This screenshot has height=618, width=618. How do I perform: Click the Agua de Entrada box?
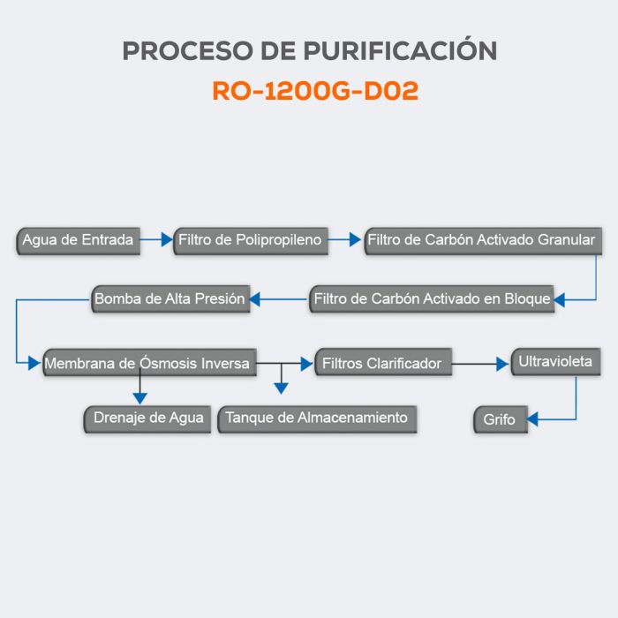coord(79,240)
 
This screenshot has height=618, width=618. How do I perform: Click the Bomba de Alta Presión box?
coord(170,299)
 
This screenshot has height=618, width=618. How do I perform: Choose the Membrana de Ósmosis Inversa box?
coord(147,363)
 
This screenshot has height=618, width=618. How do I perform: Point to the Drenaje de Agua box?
coord(147,418)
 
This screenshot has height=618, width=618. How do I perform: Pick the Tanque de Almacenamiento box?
coord(317,418)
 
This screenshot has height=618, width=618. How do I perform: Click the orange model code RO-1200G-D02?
coord(315,92)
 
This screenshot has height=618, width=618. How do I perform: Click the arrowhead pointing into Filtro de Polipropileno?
coord(168,238)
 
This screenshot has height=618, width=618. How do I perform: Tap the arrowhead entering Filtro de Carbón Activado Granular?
coord(357,238)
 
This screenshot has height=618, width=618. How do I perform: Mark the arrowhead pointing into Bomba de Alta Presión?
coord(254,300)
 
